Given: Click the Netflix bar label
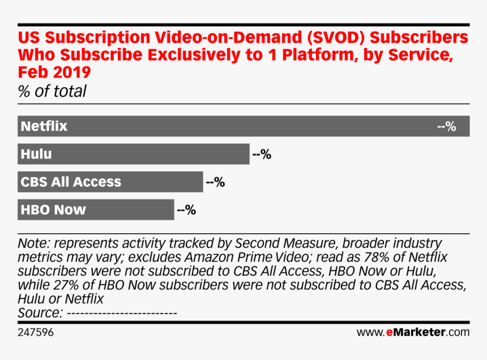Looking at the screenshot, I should click(x=44, y=126).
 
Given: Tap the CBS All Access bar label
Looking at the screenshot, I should click(x=71, y=182).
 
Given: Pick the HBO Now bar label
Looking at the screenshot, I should click(x=53, y=209).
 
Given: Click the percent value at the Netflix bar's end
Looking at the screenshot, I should click(x=447, y=126).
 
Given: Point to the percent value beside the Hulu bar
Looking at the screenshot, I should click(x=262, y=154).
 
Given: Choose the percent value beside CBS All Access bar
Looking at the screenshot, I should click(x=215, y=182).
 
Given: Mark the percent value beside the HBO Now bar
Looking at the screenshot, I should click(x=186, y=210).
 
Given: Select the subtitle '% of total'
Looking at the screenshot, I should click(x=52, y=91).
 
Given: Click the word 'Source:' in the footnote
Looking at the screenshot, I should click(x=40, y=313).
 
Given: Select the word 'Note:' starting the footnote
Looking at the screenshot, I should click(x=35, y=243).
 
